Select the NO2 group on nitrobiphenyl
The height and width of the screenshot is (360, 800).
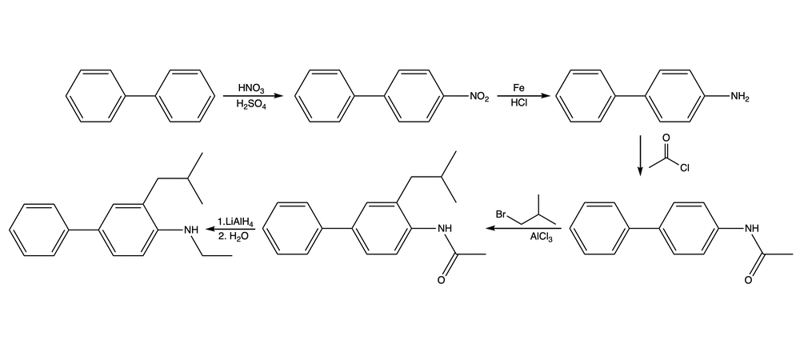pos(479,97)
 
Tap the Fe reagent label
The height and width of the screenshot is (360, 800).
pos(519,88)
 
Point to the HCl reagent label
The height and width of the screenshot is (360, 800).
pos(519,103)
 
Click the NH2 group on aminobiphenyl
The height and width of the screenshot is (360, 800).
pos(739,97)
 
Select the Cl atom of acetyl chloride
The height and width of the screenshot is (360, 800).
pos(684,170)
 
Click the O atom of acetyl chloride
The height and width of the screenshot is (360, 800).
pos(666,138)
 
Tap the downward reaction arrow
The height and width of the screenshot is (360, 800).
pos(640,155)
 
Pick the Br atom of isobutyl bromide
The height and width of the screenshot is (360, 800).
pos(501,214)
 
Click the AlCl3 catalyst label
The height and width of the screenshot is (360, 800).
pos(541,237)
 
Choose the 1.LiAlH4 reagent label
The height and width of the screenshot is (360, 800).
pos(235,222)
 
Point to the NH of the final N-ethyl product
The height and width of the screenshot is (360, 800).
pos(191,230)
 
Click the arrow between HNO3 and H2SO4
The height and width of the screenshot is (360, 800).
pos(253,96)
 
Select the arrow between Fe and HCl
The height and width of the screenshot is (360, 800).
pos(522,96)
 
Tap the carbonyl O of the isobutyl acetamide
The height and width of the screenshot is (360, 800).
pos(442,280)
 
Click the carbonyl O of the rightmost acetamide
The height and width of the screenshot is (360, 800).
pos(748,280)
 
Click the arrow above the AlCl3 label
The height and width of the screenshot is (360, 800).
pos(523,229)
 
